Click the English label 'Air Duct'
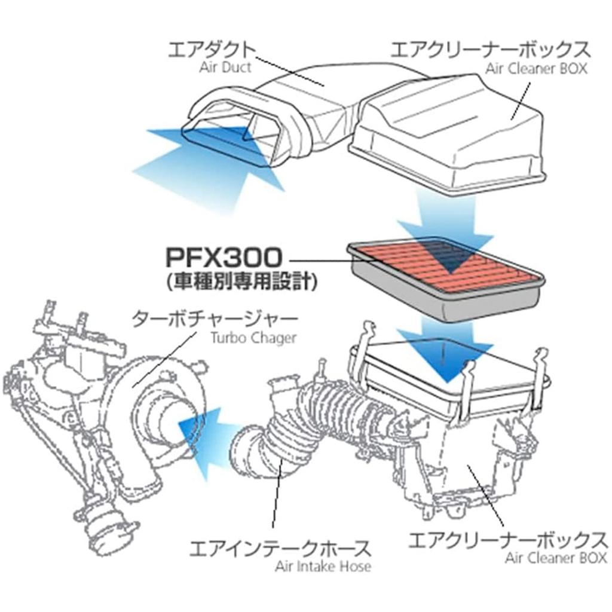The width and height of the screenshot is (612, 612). coord(225,67)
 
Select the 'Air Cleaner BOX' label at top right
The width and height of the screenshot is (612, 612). coord(536,68)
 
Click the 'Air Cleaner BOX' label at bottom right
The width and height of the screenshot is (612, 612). coord(556,559)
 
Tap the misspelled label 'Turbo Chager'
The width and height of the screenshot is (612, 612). coord(253,338)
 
